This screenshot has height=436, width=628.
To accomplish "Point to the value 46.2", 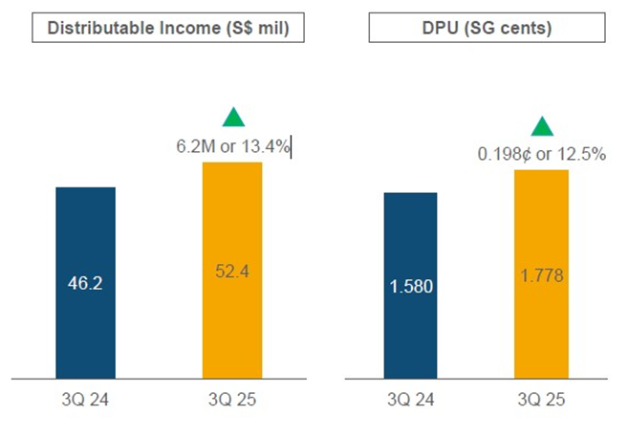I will (x=85, y=284).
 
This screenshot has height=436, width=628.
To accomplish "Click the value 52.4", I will (x=232, y=272).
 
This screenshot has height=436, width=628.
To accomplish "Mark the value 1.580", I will (x=410, y=286).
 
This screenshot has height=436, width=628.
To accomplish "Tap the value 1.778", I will (x=542, y=275).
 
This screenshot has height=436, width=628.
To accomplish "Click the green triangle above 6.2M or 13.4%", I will (x=233, y=119).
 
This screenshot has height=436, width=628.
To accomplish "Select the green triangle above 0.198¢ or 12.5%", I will (x=542, y=126).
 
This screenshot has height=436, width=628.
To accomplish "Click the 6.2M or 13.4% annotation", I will (x=232, y=146).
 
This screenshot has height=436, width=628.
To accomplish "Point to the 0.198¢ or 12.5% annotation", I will (x=541, y=154).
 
